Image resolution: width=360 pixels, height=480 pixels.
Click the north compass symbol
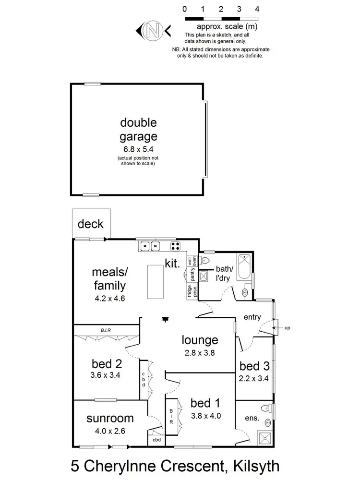point(154,31)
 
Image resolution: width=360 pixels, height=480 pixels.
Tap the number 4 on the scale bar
point(258,9)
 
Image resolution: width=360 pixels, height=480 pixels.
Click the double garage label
point(139,129)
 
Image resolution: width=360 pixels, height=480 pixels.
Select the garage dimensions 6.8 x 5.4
point(139,149)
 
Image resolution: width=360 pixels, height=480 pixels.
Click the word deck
point(90,224)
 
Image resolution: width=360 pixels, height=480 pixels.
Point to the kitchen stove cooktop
point(176,246)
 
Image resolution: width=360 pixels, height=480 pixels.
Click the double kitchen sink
point(149,246)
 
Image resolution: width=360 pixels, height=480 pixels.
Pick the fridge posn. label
point(190,291)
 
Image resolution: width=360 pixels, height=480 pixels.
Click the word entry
point(252,317)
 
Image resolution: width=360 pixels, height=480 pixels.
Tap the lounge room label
point(200,340)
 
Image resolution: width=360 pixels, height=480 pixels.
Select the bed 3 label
point(254,366)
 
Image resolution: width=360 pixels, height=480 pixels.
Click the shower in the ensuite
point(263,437)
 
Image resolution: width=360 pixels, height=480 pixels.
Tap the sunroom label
point(110,418)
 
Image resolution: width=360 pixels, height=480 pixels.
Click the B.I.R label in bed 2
point(106,330)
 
